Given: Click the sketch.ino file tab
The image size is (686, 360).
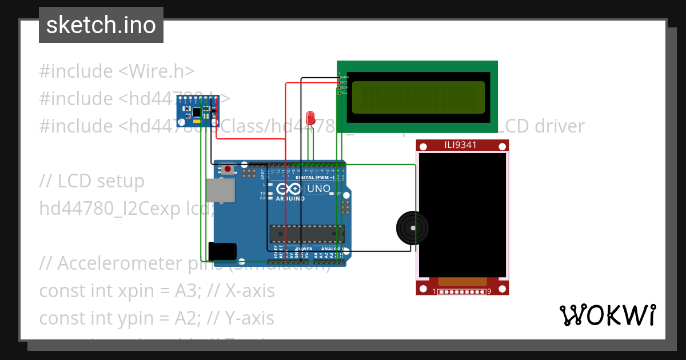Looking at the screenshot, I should [x=101, y=25].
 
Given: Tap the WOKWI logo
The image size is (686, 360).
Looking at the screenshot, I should [x=607, y=315].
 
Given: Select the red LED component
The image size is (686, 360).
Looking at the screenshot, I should [x=310, y=117].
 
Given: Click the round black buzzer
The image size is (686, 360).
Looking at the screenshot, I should [x=412, y=228].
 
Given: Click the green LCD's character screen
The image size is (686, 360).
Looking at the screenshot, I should [x=418, y=97].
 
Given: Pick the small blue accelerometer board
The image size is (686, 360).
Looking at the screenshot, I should [x=198, y=110].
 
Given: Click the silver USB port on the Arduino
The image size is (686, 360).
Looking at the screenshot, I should [x=221, y=191].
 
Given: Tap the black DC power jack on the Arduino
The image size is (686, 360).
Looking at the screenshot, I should [x=222, y=251].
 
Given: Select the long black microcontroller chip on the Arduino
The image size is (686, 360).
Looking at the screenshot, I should [x=307, y=233].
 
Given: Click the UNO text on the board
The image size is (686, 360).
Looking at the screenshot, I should [x=318, y=189].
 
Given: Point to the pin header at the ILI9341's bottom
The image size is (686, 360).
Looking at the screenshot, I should [x=462, y=292].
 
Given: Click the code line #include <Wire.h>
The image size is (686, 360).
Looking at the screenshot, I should [x=117, y=71].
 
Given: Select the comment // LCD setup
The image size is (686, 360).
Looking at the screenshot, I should [x=91, y=181].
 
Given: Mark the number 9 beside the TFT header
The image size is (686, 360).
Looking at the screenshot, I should [x=489, y=292].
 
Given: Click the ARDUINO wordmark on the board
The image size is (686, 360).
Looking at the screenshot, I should [x=290, y=199].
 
